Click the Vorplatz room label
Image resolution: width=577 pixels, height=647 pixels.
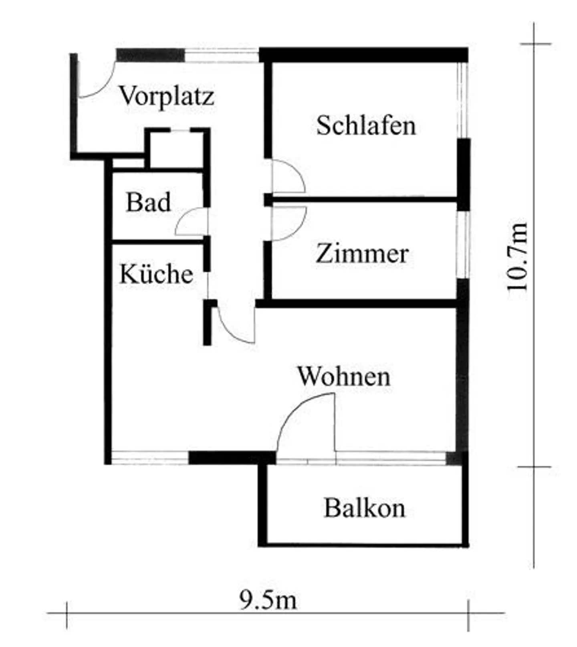tap(167, 97)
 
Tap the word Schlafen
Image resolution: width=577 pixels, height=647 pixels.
tap(366, 125)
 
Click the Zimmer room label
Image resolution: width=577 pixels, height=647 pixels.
tap(362, 254)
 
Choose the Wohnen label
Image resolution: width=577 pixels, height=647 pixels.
tap(344, 376)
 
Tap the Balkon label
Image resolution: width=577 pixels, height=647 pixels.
tap(365, 508)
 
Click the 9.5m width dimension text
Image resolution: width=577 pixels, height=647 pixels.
tap(268, 600)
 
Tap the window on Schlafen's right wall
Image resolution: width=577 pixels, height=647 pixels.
tap(463, 100)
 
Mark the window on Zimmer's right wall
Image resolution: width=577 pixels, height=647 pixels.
tap(463, 245)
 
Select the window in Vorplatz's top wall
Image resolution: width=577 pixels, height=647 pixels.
tap(222, 55)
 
